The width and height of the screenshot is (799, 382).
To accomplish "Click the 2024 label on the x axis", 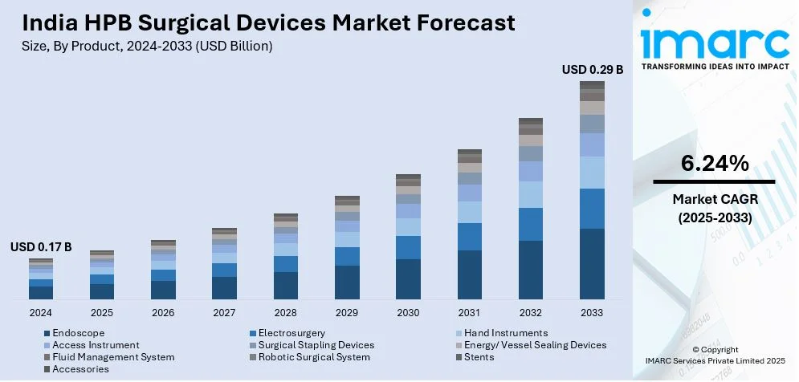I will [40, 312].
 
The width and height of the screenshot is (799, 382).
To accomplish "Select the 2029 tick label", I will [347, 312].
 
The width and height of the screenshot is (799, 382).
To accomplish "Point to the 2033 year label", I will [592, 312].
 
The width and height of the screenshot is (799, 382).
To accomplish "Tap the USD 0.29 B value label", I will [593, 70].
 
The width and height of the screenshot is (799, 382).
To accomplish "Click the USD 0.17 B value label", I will [41, 247].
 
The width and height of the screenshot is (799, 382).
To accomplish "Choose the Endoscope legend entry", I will [78, 333].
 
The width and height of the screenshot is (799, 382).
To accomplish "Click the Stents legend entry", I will [480, 357].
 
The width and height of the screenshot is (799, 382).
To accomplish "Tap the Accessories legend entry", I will [80, 369].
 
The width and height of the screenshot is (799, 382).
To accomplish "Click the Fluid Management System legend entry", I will [113, 357].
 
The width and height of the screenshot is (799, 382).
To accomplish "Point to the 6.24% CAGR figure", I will [715, 164].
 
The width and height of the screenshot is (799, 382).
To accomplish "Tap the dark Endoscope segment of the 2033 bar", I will [592, 264].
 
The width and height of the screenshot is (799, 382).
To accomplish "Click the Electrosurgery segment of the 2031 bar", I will [470, 237].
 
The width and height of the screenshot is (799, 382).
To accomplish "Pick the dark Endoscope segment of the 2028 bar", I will [286, 285].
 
